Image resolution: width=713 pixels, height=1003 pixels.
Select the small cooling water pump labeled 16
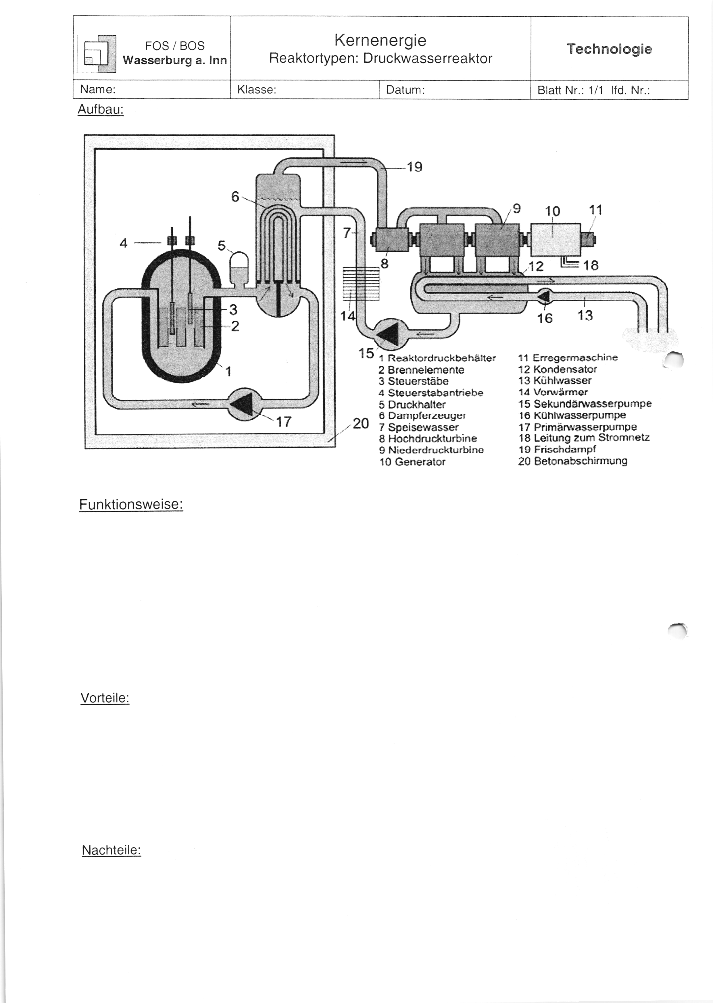545,297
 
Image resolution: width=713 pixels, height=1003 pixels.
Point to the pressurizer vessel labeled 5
239,269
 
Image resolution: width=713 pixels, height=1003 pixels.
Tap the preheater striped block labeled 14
361,284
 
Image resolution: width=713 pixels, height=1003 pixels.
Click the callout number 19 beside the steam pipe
414,167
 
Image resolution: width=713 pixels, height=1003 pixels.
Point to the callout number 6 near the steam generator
235,197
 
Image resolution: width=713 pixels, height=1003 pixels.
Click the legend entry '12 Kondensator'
558,369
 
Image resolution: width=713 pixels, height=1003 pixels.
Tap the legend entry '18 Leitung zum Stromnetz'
584,438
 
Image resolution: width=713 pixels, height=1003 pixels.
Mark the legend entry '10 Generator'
412,462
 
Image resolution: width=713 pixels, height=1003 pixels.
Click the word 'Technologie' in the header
609,49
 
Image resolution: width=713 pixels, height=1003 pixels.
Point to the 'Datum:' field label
405,90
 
